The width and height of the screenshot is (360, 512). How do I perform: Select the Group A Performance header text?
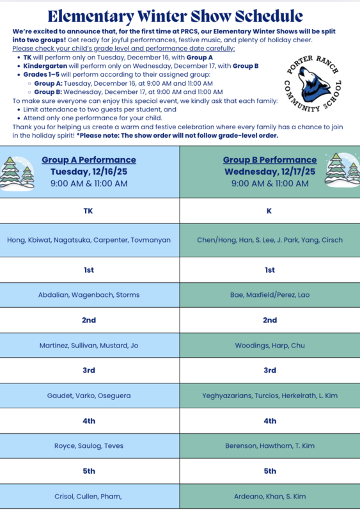click(89, 159)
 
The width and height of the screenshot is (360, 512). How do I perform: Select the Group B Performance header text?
click(270, 159)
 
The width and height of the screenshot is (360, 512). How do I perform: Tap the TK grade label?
click(89, 211)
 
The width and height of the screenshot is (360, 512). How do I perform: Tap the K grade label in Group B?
click(270, 211)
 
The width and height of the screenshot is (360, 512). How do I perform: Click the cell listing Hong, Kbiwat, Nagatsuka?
click(89, 240)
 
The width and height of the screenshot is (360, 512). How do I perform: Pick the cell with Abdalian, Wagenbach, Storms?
click(89, 295)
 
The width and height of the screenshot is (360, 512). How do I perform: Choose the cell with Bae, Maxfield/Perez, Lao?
click(270, 295)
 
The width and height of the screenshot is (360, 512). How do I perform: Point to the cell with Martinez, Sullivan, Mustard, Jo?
click(89, 346)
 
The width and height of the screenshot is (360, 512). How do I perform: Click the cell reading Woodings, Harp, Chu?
click(270, 346)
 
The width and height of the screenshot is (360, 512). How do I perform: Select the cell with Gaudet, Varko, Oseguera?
click(89, 396)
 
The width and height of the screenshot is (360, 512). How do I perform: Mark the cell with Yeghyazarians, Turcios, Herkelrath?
click(270, 396)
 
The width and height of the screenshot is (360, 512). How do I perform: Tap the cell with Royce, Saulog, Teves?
click(89, 445)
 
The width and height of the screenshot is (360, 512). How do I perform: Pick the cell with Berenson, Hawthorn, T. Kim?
click(270, 445)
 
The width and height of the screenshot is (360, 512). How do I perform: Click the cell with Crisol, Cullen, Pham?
click(89, 496)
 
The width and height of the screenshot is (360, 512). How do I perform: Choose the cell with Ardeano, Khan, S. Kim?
click(270, 496)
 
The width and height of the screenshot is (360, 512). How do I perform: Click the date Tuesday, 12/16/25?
click(89, 172)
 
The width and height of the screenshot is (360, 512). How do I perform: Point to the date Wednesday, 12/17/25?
click(270, 172)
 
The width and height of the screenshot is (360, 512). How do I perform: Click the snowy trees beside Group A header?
click(19, 172)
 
